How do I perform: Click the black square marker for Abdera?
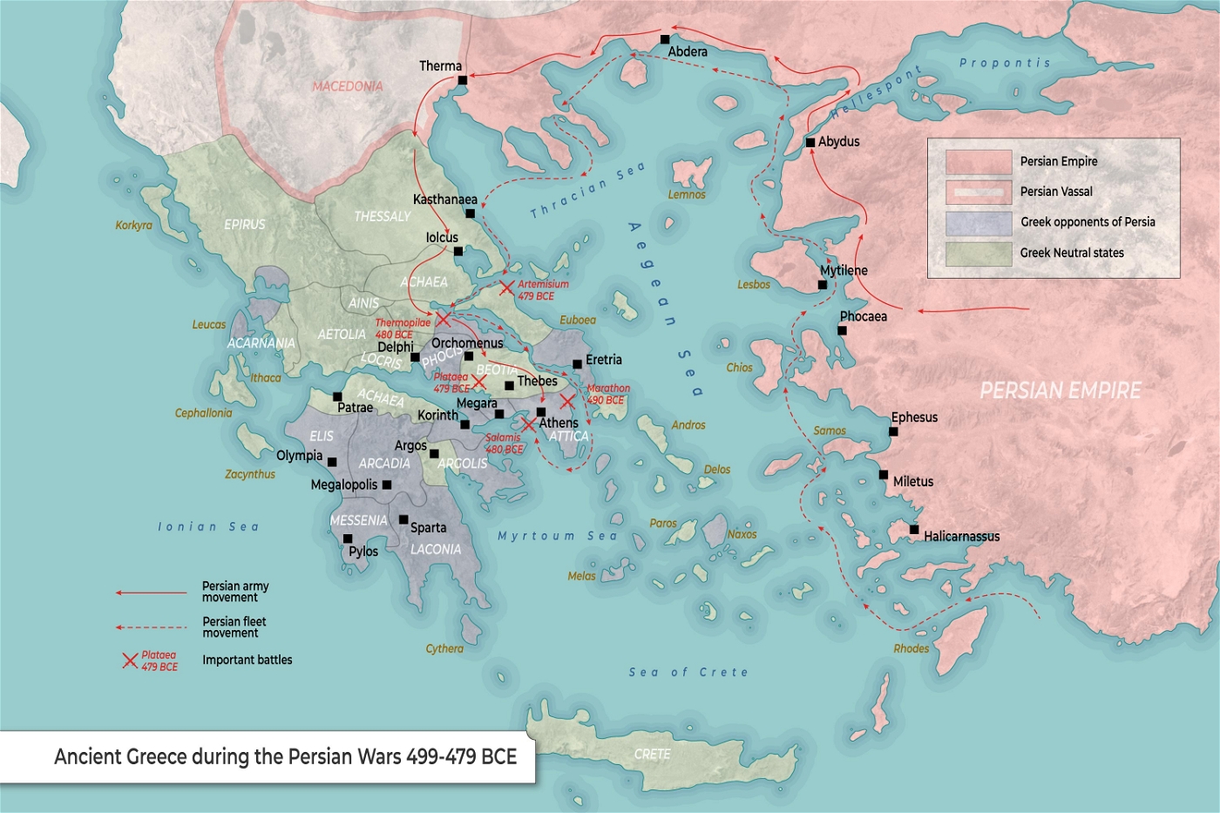665,39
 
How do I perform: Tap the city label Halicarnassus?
961,537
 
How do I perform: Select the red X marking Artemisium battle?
506,288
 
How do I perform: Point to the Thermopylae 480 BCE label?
402,329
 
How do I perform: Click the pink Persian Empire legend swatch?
978,162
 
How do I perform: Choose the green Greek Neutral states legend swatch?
978,254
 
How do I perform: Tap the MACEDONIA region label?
347,86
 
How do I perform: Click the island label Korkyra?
133,226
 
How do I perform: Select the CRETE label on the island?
652,754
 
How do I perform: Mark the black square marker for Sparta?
403,520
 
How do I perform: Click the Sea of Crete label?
688,672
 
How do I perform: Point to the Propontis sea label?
1005,63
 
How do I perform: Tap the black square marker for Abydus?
810,142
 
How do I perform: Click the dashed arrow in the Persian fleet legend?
152,627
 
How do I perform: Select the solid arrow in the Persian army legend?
152,593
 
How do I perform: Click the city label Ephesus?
914,417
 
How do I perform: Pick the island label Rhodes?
911,648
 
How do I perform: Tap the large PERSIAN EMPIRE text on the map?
1060,390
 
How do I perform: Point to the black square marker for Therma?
462,80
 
